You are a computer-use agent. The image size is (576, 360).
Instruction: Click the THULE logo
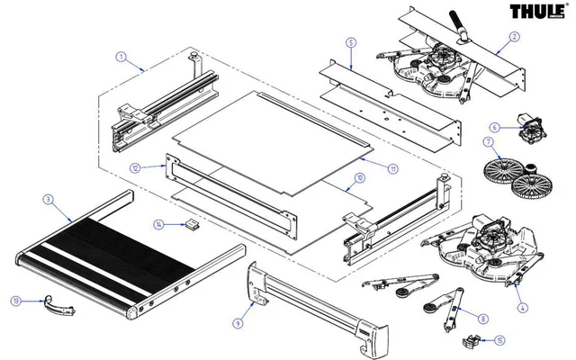[x=536, y=13]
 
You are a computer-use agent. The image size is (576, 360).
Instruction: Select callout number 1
[x=121, y=56]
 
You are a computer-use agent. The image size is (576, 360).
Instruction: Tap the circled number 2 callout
[x=514, y=37]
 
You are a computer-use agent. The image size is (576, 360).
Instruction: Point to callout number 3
[x=47, y=198]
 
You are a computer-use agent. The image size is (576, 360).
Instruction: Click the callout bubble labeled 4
[x=523, y=309]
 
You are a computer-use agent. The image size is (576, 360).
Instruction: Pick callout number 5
[x=351, y=42]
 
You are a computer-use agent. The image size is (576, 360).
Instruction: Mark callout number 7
[x=487, y=142]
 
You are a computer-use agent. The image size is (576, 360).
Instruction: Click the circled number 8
[x=483, y=319]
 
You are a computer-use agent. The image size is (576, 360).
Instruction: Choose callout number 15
[x=499, y=340]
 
